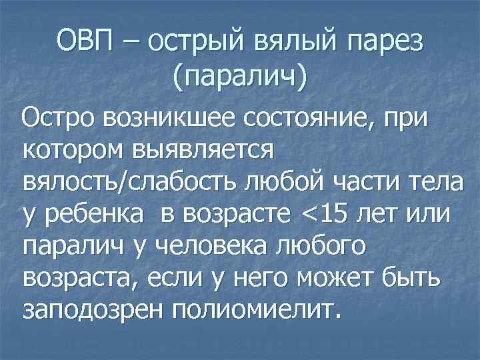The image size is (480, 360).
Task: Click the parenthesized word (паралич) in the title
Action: (x=239, y=76)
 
